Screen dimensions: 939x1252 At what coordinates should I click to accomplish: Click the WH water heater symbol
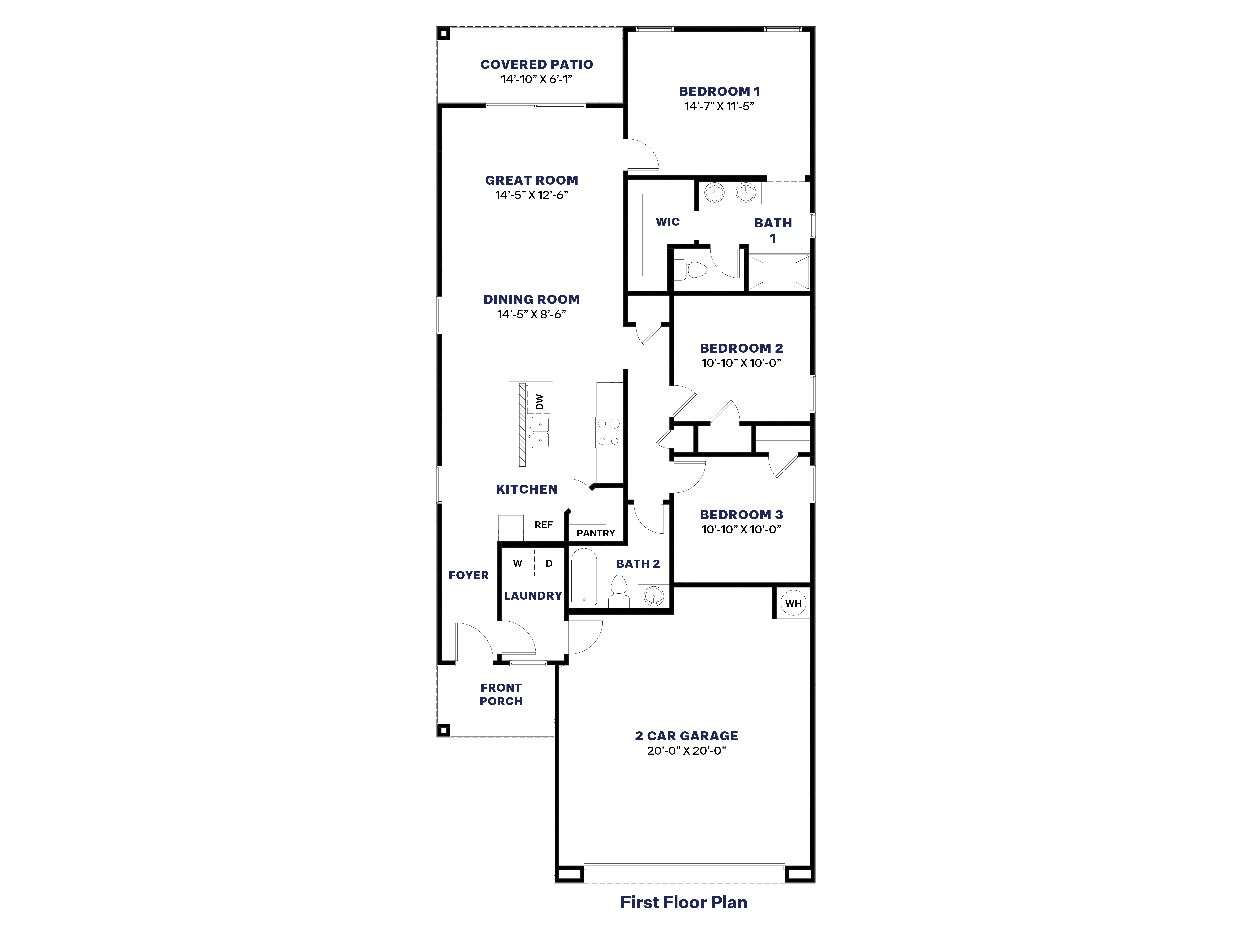coord(793,603)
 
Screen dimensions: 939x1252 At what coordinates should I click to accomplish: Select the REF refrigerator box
coord(543,525)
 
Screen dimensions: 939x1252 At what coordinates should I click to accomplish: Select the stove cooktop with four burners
coord(608,432)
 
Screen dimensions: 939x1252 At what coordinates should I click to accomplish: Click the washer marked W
coord(517,563)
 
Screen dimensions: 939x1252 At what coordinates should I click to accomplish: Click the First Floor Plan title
coord(684,902)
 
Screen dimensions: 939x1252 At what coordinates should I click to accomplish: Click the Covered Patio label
coord(537,65)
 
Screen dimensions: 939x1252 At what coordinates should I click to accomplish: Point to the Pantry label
coord(595,533)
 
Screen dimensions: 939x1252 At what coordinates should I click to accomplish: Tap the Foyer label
coord(468,575)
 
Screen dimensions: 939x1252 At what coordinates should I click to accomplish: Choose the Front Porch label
coord(501,694)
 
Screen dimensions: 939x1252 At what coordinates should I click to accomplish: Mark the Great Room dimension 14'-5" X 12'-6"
coord(532,195)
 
